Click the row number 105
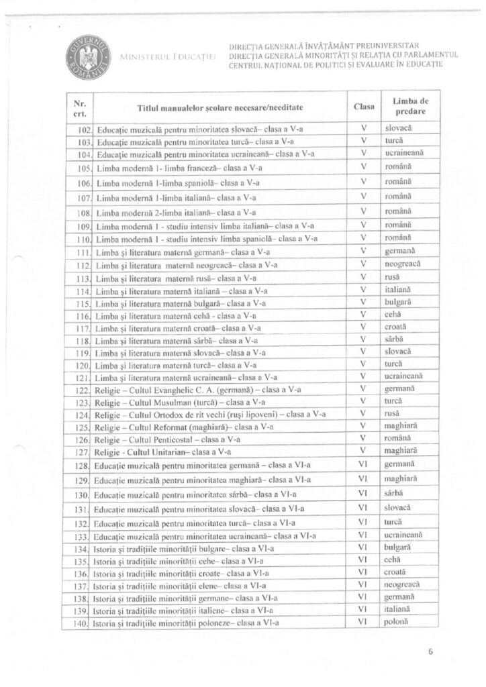[83, 168]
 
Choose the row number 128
[83, 465]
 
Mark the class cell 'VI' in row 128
[362, 464]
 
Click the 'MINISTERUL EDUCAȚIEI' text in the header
[168, 58]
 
